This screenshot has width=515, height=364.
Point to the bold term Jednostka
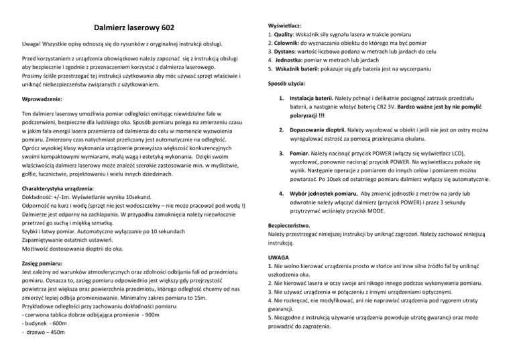(292, 60)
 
